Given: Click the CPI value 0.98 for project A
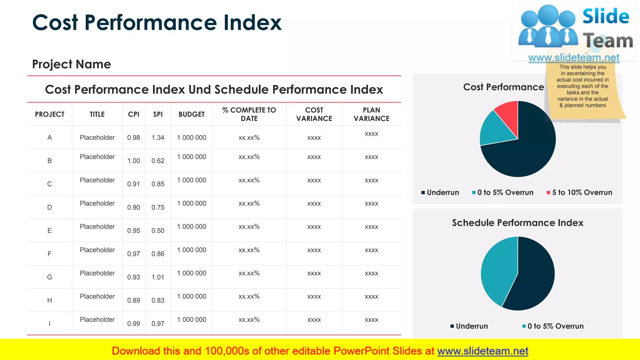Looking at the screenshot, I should click(x=133, y=137).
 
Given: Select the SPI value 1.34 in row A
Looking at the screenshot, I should click(x=158, y=137).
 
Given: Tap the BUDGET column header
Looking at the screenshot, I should click(x=192, y=114).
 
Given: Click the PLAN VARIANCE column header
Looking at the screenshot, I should click(x=371, y=114).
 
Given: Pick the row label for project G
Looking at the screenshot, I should click(x=49, y=277).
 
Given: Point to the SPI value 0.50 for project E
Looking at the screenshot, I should click(x=158, y=231).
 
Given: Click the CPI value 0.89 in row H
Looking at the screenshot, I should click(x=133, y=300).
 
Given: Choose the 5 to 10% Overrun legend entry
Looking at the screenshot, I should click(x=580, y=192).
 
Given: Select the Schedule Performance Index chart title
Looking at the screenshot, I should click(x=517, y=223).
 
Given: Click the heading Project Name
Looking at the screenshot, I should click(x=72, y=64).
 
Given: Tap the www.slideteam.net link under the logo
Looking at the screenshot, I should click(x=573, y=58).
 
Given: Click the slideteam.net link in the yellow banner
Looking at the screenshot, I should click(x=482, y=351).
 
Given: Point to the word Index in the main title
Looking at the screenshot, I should click(x=252, y=23).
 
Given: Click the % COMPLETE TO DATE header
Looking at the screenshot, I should click(x=249, y=114).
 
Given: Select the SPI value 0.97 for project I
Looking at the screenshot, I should click(x=158, y=324).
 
